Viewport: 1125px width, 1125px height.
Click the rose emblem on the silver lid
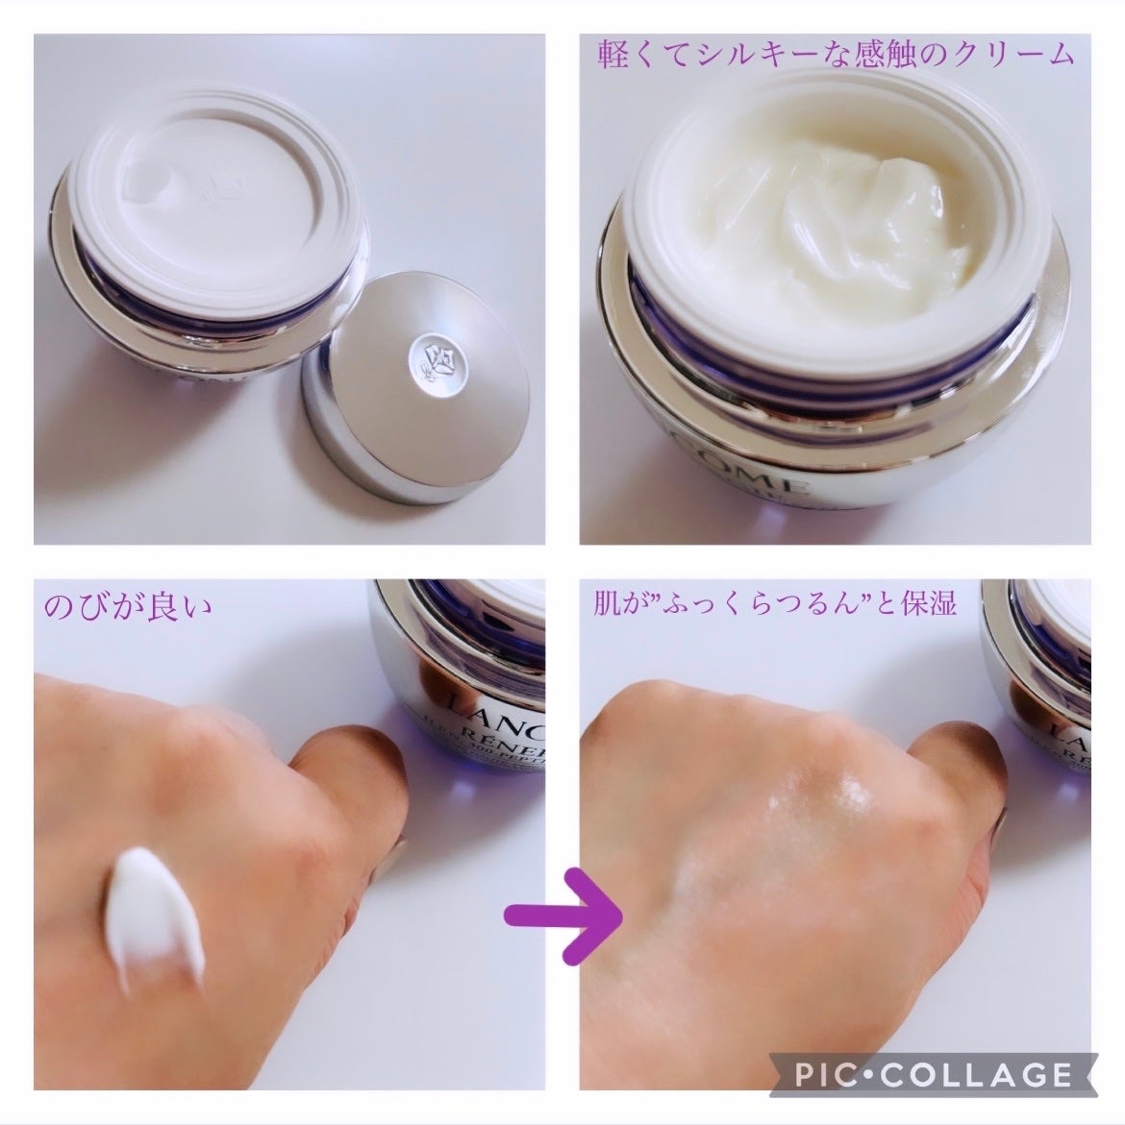pyautogui.click(x=429, y=355)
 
